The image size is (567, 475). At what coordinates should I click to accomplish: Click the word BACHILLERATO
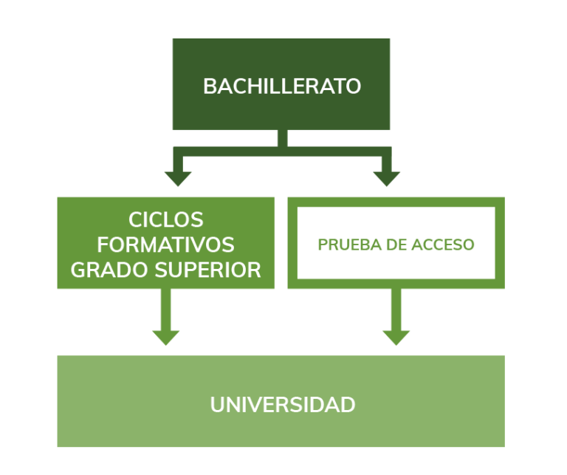282,86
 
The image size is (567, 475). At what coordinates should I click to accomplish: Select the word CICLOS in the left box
166,220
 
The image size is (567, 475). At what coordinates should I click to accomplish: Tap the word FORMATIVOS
166,245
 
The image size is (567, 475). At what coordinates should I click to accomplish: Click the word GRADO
103,270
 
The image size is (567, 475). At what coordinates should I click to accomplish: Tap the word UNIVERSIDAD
283,405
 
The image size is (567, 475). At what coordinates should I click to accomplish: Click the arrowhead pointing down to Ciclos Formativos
178,178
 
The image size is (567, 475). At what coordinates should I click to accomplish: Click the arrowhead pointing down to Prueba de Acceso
386,178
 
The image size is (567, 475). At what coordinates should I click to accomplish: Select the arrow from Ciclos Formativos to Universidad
166,318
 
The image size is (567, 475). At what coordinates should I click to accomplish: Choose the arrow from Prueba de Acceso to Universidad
396,318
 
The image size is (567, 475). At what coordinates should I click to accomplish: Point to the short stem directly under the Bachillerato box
282,138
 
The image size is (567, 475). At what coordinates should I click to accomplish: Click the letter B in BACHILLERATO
210,86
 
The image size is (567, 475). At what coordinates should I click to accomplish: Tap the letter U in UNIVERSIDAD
217,405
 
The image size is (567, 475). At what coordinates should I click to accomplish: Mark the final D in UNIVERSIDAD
348,405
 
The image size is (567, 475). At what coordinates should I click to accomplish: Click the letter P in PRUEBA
322,245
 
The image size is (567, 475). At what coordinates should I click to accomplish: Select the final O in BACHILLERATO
354,86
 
